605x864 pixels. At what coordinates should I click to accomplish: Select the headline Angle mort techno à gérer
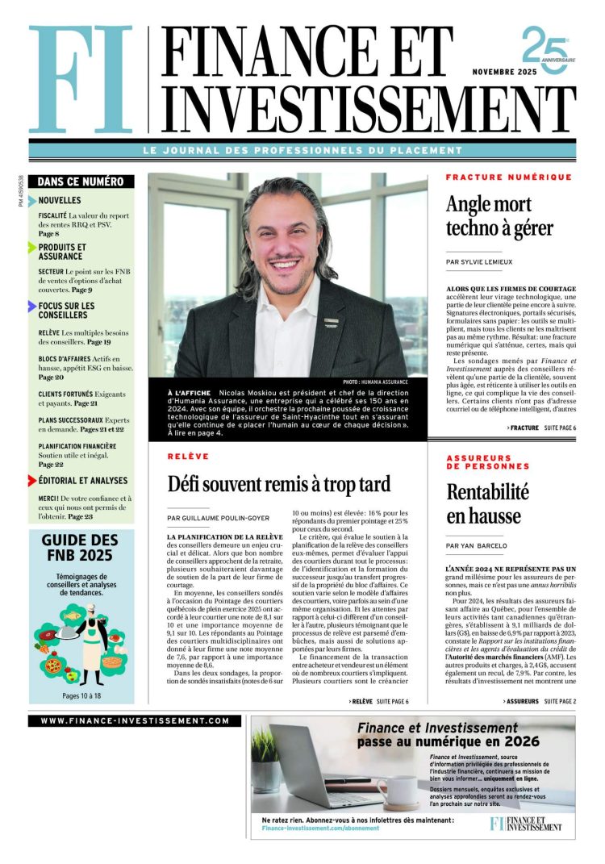click(499, 217)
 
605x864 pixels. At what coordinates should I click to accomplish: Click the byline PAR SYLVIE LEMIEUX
click(478, 262)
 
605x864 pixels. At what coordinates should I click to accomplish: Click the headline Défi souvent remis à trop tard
click(278, 484)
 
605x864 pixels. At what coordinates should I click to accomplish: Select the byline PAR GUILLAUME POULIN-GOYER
click(219, 518)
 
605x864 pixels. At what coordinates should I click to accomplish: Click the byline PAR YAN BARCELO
click(476, 546)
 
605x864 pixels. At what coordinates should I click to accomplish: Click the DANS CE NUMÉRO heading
click(80, 182)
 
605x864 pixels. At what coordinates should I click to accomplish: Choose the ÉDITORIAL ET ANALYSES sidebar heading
click(83, 481)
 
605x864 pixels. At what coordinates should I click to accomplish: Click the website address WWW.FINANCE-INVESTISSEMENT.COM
click(135, 721)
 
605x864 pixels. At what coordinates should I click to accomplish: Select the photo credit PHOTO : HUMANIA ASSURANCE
click(375, 382)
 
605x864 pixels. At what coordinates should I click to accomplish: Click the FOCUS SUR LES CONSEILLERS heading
click(66, 311)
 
